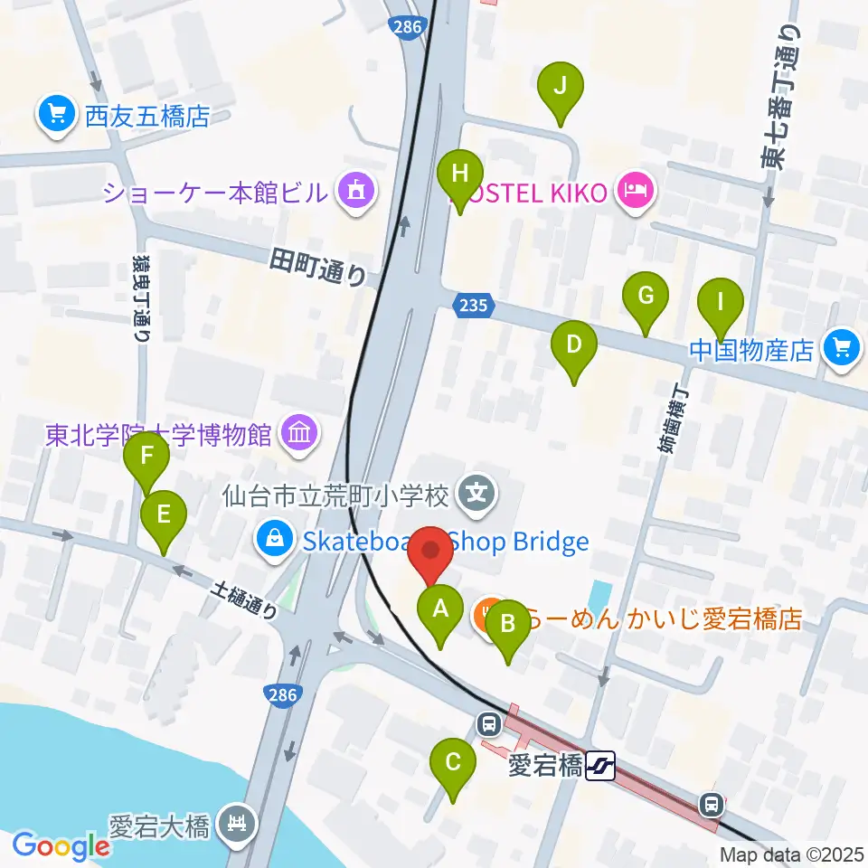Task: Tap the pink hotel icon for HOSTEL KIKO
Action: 637,191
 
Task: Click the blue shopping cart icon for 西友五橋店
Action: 57,115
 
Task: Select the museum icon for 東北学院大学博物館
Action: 297,434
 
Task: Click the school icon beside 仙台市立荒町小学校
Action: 477,494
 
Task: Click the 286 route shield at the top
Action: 409,27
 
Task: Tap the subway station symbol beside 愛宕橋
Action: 599,768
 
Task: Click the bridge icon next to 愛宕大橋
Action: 237,825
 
